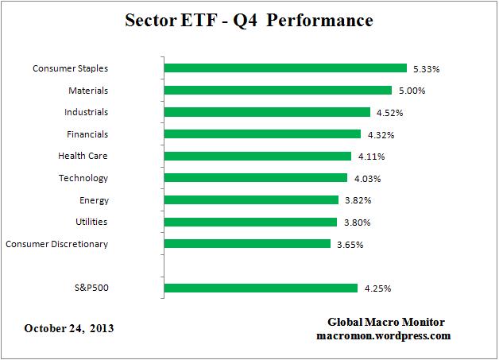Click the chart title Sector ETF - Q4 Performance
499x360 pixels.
[249, 20]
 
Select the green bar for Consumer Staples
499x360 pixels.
[284, 68]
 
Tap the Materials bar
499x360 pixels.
[277, 91]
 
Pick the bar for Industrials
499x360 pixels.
[267, 112]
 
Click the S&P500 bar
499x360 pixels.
[261, 288]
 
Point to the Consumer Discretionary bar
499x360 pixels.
[247, 244]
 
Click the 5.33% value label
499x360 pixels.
[425, 69]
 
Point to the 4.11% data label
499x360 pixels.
[370, 157]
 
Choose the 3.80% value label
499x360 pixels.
[356, 223]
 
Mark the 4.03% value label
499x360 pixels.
[366, 179]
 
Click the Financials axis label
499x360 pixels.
[87, 134]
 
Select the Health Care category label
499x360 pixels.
[83, 157]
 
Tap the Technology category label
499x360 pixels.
[83, 178]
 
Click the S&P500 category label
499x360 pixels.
[88, 288]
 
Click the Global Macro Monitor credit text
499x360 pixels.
[386, 322]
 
